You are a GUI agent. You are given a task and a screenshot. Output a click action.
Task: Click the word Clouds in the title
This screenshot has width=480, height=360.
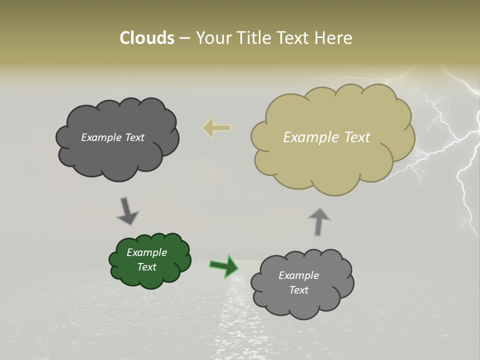(146, 38)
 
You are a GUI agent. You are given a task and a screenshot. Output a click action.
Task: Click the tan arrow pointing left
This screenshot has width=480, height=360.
(216, 128)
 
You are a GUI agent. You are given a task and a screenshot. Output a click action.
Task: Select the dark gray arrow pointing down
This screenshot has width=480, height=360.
(127, 210)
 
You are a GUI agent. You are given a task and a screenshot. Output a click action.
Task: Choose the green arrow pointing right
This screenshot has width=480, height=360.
(224, 265)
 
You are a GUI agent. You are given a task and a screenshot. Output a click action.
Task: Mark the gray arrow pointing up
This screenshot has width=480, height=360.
(319, 221)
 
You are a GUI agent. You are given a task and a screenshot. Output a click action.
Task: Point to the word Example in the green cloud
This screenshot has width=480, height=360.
(146, 252)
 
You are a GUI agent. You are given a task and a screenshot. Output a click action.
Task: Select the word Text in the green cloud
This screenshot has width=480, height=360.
(146, 267)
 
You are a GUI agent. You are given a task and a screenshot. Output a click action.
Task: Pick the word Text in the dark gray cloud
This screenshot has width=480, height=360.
(133, 137)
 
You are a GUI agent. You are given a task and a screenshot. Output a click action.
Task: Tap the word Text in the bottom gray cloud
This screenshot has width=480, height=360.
(298, 290)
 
